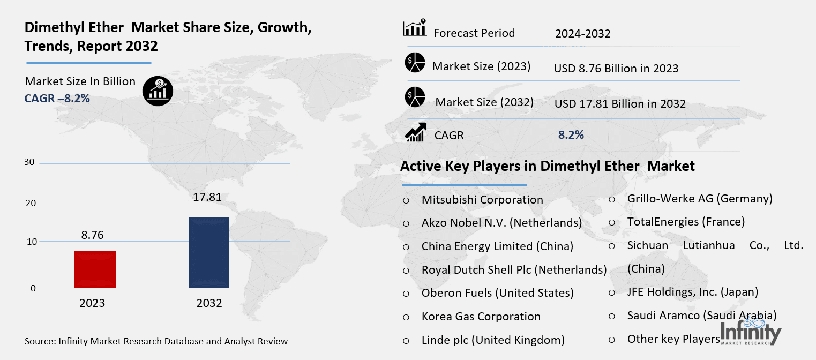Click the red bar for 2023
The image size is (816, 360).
(95, 269)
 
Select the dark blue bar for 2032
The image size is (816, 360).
(209, 252)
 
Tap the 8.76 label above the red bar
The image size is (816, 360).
(93, 235)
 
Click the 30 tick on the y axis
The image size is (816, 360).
(29, 162)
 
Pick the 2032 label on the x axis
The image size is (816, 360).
(209, 303)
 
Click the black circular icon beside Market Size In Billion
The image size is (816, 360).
(158, 91)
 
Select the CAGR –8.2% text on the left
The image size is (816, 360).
(57, 99)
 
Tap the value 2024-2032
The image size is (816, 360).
(583, 34)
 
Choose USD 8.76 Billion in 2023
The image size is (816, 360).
(616, 69)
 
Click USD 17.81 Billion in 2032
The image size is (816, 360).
(620, 104)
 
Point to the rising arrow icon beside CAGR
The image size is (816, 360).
(415, 132)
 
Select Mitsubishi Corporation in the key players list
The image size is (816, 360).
(482, 200)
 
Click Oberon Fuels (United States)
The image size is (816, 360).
(498, 293)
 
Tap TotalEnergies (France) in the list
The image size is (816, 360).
(686, 221)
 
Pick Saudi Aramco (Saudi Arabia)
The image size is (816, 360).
(702, 316)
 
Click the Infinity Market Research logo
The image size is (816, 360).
(751, 332)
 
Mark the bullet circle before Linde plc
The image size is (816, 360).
(406, 340)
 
